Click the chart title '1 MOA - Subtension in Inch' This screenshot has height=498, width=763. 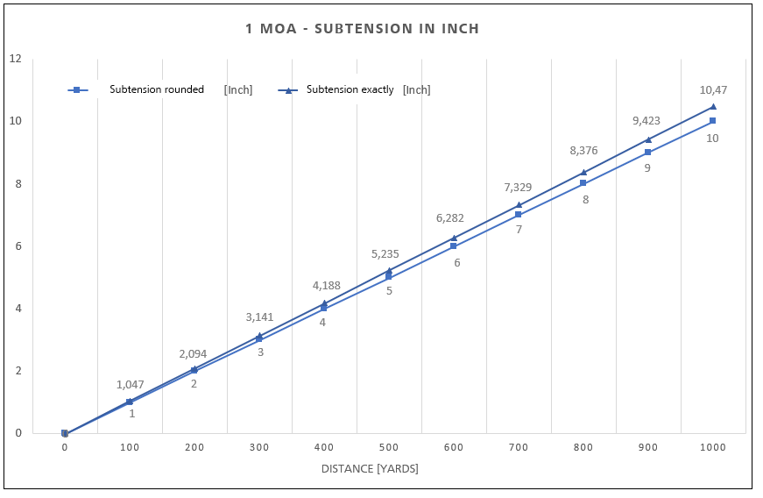click(363, 29)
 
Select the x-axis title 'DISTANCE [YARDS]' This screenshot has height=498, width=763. click(370, 468)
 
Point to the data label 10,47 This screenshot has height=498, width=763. click(713, 89)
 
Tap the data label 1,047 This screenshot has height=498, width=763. click(130, 384)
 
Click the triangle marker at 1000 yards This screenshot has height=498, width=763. click(713, 107)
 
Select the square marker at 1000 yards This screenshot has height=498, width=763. click(713, 120)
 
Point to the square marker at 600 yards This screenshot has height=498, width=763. click(454, 245)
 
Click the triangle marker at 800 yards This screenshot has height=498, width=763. click(583, 172)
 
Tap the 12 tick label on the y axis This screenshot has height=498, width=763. click(15, 59)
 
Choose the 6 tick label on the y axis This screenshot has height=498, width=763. click(18, 245)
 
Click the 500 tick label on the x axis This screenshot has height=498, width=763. click(389, 447)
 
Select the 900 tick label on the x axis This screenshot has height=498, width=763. click(648, 447)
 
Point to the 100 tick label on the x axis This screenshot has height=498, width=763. click(130, 447)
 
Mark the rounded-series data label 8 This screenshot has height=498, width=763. click(585, 200)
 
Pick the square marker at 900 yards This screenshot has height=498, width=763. click(648, 152)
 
